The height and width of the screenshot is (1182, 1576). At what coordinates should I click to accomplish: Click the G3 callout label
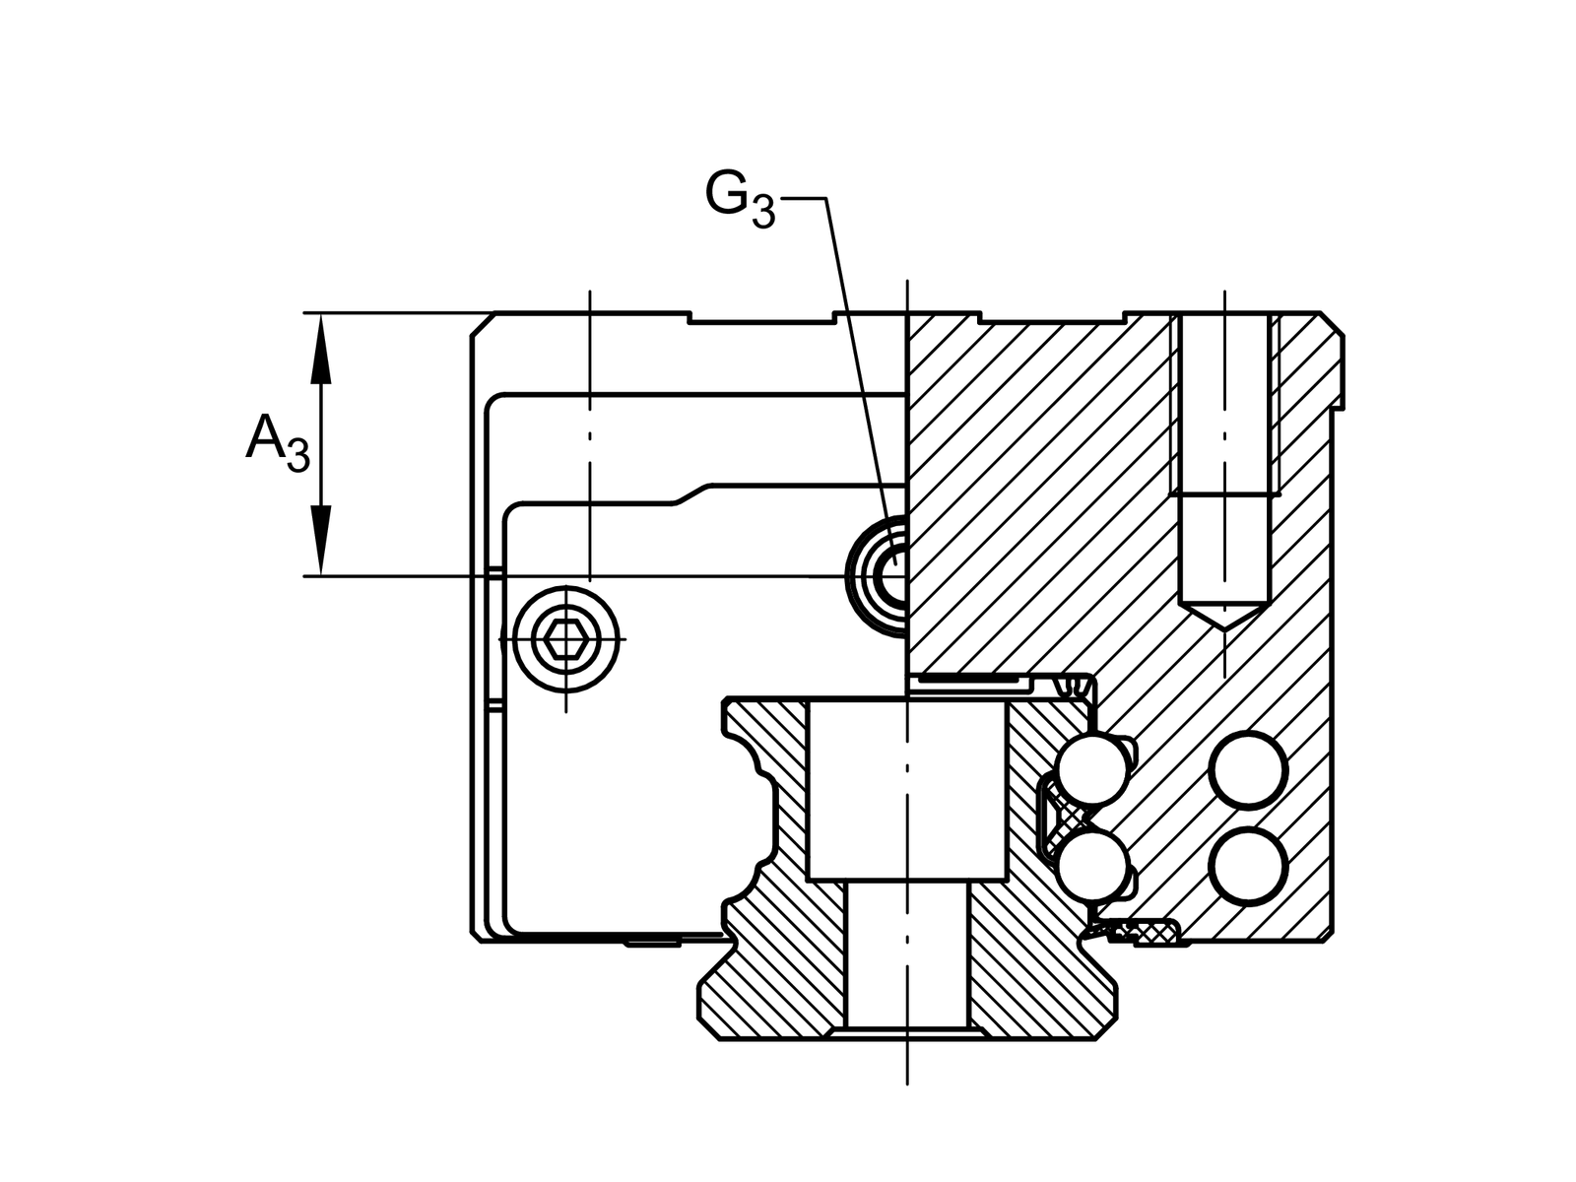(740, 200)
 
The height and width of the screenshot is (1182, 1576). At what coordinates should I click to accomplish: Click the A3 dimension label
(278, 443)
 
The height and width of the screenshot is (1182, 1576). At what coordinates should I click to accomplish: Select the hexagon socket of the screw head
(565, 639)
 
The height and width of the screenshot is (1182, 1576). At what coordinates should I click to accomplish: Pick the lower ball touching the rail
(1092, 866)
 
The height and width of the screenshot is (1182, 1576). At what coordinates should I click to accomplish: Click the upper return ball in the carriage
(1248, 771)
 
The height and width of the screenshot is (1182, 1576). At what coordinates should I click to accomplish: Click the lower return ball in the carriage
(1248, 866)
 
